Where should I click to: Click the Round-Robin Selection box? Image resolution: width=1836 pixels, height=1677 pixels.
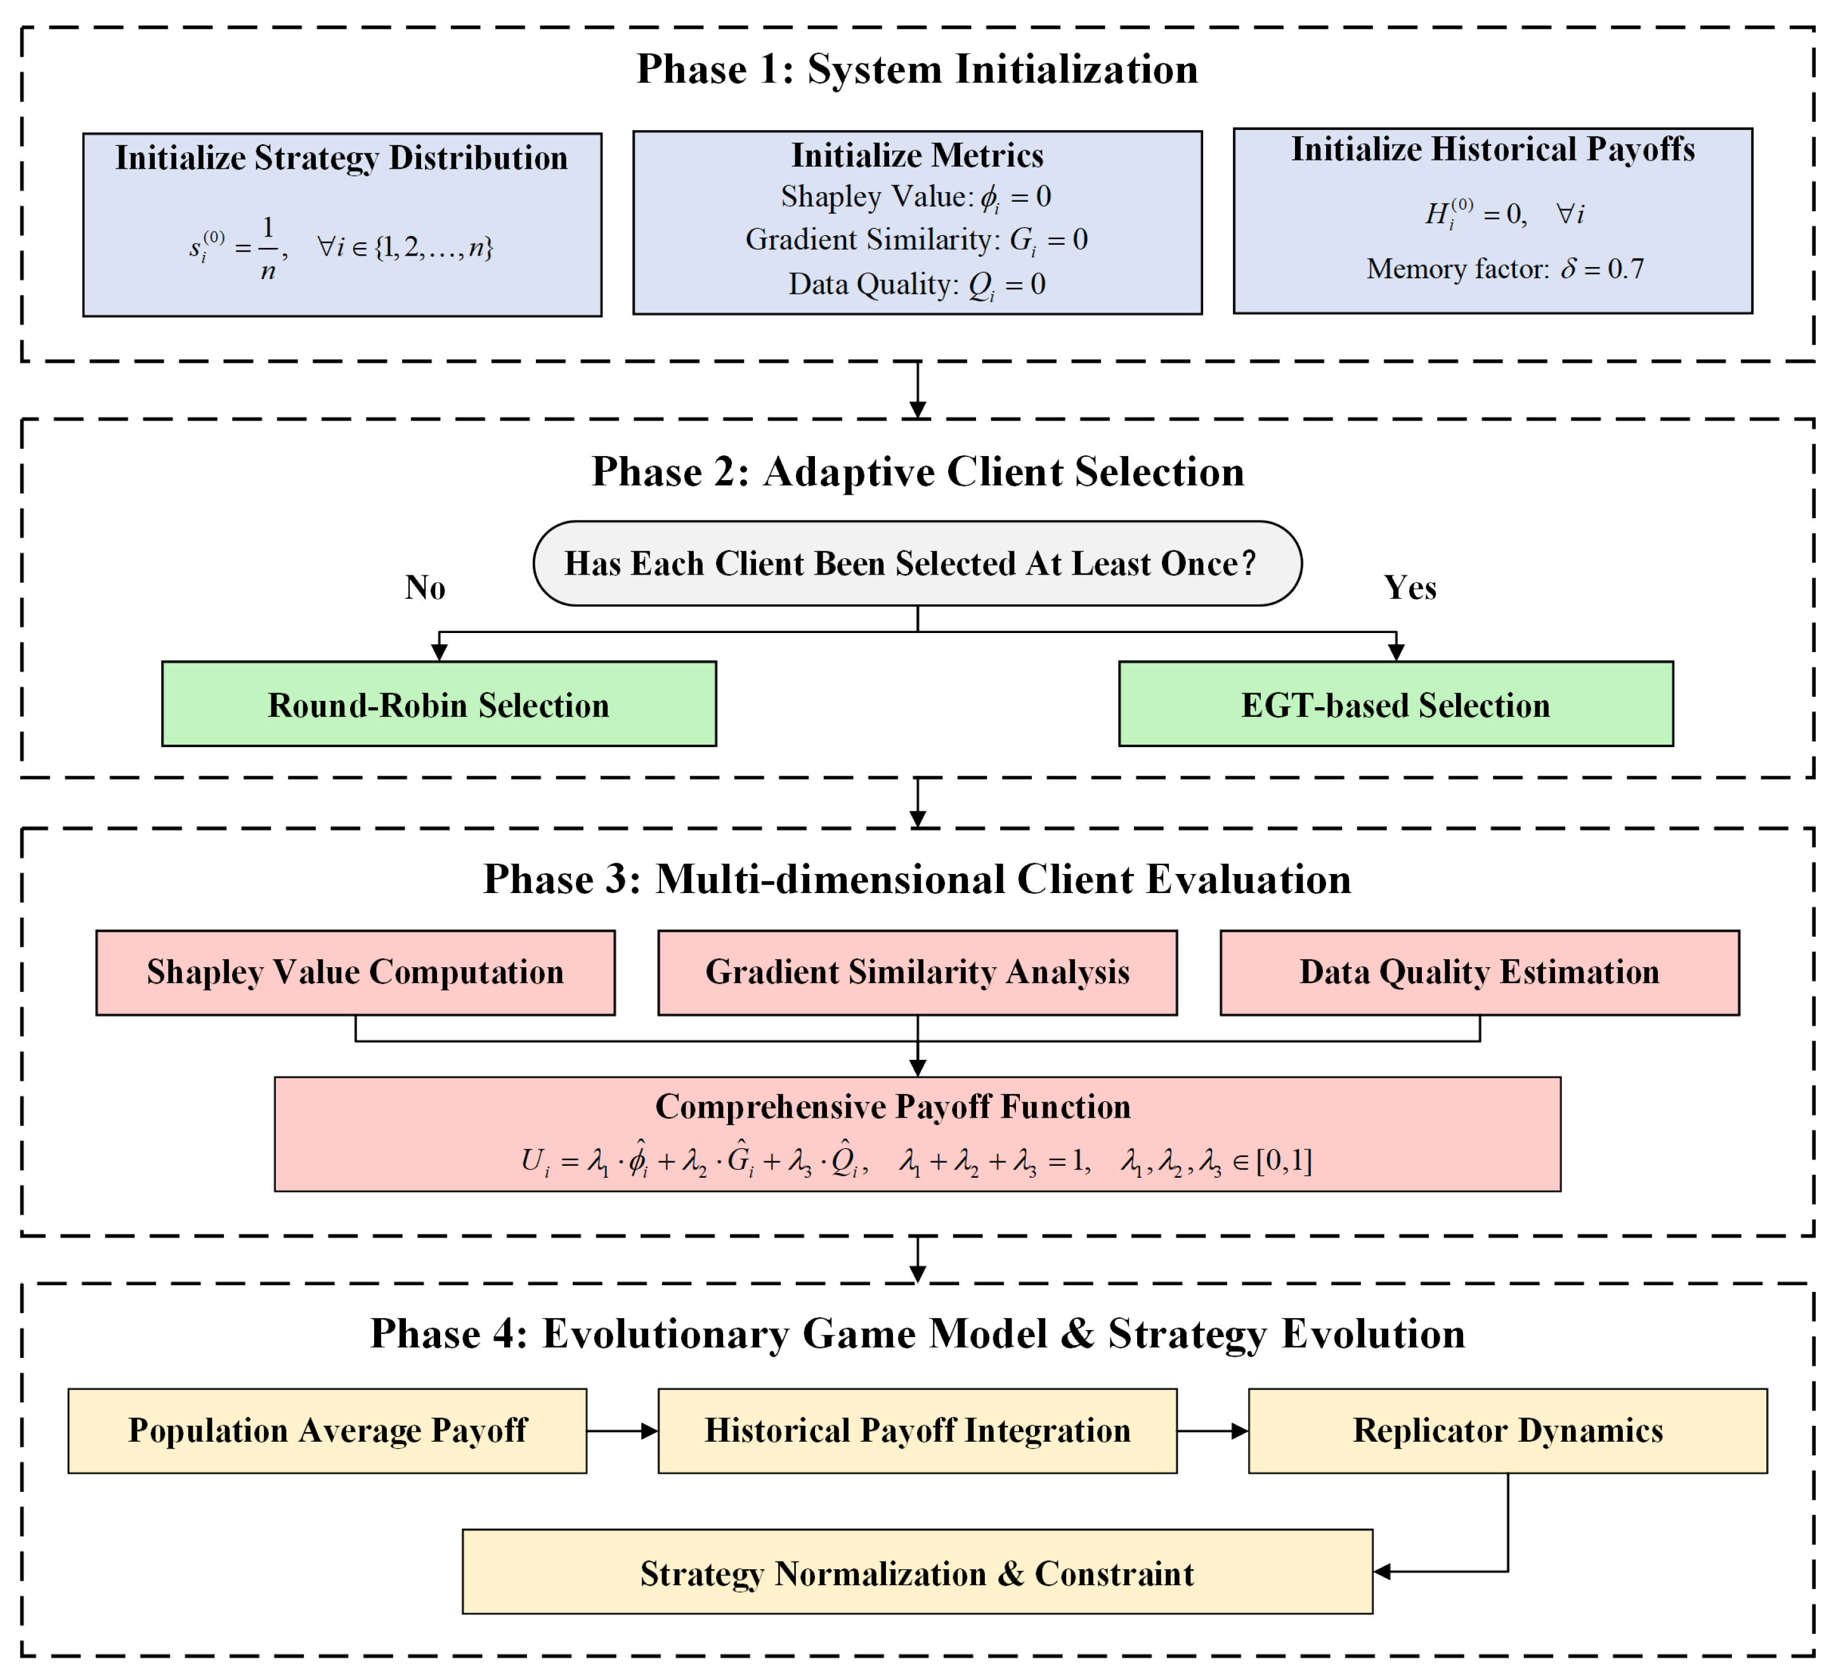point(439,704)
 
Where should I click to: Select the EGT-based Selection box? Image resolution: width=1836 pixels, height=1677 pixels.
point(1396,704)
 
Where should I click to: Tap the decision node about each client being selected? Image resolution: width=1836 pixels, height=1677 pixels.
point(917,564)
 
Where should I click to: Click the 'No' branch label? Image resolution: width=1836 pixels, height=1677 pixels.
point(426,587)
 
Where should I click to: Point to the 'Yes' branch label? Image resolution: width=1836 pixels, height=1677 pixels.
point(1410,587)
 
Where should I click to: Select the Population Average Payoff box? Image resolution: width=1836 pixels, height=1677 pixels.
point(327,1431)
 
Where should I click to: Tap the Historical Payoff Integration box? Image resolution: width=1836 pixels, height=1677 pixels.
point(917,1431)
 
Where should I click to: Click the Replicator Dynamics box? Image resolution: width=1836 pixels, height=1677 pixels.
point(1508,1431)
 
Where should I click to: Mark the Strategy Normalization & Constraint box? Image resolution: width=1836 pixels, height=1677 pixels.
point(917,1572)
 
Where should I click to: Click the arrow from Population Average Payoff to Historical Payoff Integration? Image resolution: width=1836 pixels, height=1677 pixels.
point(623,1431)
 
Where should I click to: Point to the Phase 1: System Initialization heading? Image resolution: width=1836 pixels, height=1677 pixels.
point(917,69)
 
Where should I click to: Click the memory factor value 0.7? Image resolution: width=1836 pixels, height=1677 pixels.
point(1625,269)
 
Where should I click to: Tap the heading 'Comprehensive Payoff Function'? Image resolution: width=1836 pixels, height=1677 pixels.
point(892,1107)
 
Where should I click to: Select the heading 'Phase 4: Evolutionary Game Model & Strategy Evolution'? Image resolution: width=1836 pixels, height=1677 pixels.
point(917,1334)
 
